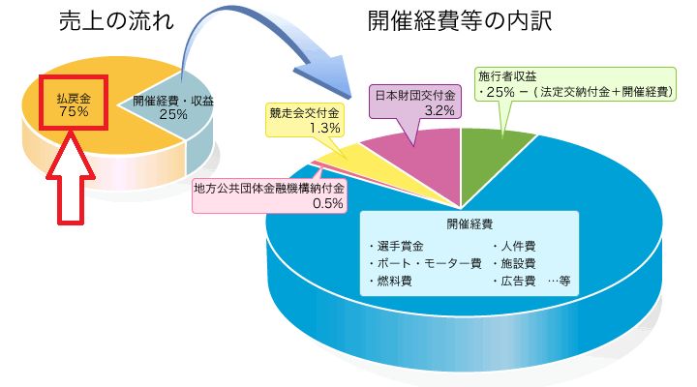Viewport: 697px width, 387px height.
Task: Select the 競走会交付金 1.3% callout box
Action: [305, 120]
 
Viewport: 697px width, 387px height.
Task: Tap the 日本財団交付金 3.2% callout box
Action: [414, 103]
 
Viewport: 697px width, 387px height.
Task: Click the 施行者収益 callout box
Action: [576, 83]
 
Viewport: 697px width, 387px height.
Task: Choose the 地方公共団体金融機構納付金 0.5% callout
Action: [268, 195]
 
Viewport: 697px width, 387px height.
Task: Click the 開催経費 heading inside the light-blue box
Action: [470, 224]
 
